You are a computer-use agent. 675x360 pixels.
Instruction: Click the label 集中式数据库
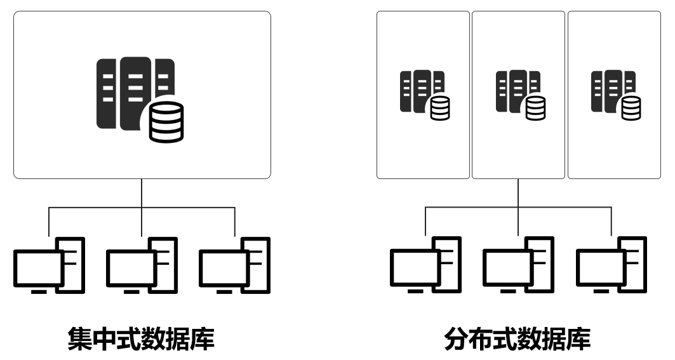[x=141, y=339]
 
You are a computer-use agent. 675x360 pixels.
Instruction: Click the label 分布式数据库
[x=518, y=339]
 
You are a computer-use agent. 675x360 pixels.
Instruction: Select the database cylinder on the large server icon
[x=166, y=121]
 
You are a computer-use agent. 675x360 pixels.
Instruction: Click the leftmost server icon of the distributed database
[x=423, y=93]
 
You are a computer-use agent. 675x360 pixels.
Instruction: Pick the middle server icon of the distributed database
[x=519, y=93]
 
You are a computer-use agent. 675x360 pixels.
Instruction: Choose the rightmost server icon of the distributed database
[x=615, y=93]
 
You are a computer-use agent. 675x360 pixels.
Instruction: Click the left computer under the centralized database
[x=49, y=265]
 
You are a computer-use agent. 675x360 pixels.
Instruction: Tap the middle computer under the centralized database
[x=142, y=265]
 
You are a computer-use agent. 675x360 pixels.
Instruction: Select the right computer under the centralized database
[x=235, y=265]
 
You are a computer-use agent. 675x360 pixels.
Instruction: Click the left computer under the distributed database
[x=425, y=265]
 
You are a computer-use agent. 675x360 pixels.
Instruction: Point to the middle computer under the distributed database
[x=518, y=265]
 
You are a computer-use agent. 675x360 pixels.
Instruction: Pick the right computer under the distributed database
[x=612, y=265]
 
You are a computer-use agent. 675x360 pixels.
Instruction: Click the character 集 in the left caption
[x=80, y=339]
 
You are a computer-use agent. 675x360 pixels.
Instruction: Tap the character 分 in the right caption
[x=457, y=339]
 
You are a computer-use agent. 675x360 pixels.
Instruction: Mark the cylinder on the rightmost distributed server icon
[x=631, y=108]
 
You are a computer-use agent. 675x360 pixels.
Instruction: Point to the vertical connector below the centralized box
[x=142, y=192]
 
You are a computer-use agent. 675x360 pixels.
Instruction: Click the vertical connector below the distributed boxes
[x=518, y=192]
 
